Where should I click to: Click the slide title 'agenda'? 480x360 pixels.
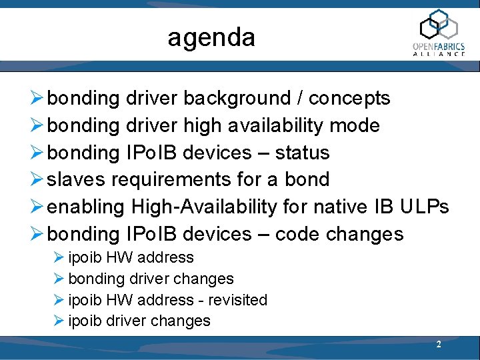[211, 37]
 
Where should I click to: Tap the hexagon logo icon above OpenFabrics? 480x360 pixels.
[438, 25]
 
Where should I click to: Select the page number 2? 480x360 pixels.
[438, 345]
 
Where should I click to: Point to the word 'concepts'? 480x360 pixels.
[349, 99]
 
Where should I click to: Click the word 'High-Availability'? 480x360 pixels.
[204, 207]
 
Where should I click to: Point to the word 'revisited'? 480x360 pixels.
[237, 300]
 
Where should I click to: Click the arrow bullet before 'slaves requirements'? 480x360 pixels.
[38, 180]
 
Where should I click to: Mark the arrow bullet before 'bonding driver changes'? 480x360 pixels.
[59, 279]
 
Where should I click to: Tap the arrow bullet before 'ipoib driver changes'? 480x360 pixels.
[59, 321]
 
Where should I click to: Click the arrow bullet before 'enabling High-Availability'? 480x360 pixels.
[38, 207]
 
